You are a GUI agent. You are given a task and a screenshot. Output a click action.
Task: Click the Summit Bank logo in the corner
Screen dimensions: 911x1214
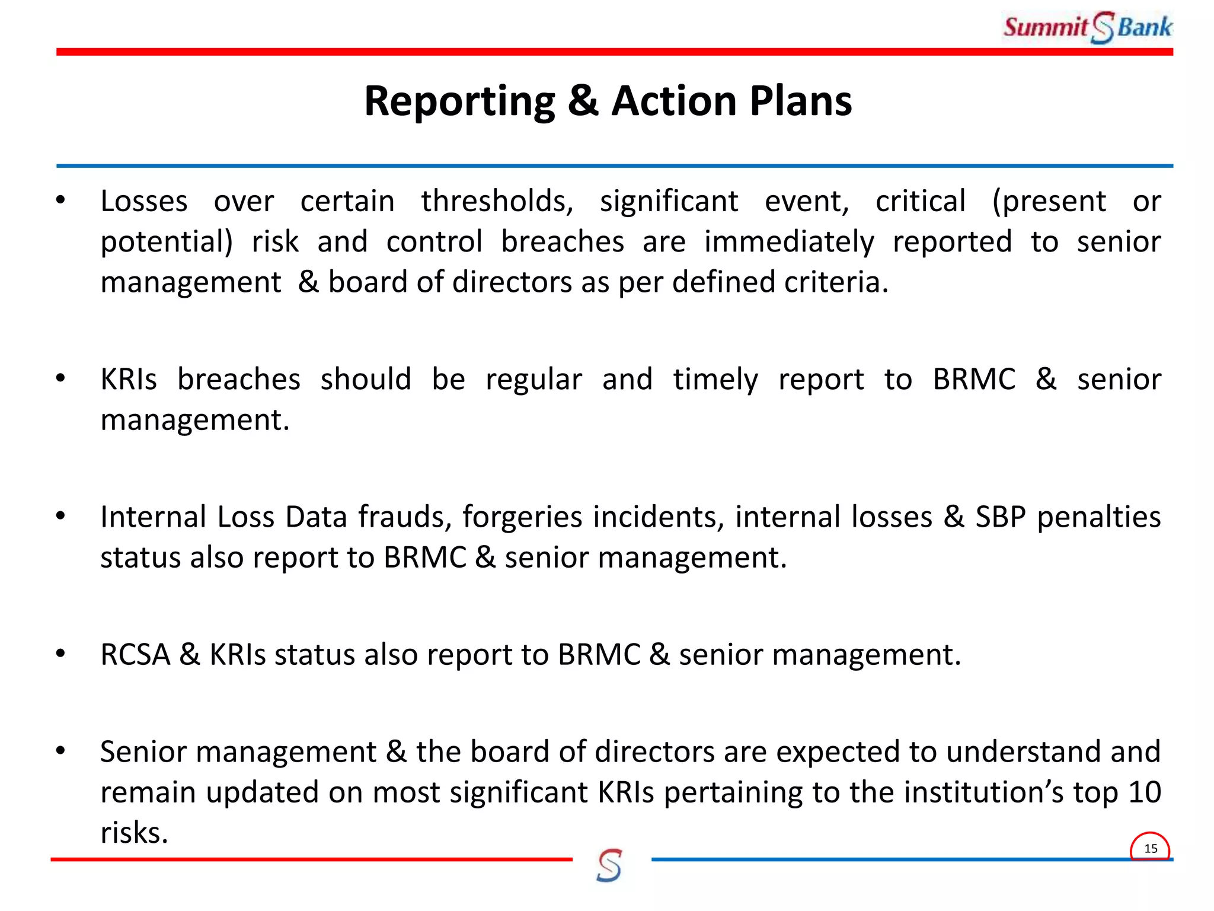click(x=1087, y=27)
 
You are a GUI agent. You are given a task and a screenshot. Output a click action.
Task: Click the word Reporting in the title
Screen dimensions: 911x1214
click(x=459, y=101)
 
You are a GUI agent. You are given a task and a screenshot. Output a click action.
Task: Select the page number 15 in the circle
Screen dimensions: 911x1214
click(x=1151, y=849)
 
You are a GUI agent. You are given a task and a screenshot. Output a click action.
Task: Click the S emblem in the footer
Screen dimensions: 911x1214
click(x=609, y=865)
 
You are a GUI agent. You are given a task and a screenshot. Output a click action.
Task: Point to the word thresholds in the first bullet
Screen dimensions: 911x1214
click(x=497, y=202)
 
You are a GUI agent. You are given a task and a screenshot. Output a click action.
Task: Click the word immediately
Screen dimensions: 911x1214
click(x=788, y=242)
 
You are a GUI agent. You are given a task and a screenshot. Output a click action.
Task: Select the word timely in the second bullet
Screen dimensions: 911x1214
click(x=715, y=380)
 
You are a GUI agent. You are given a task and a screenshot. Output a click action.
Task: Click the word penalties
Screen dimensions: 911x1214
click(x=1098, y=517)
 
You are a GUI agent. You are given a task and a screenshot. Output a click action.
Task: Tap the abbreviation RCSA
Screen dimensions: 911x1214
click(x=135, y=655)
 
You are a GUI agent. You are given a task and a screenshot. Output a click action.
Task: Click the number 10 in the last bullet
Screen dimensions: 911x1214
click(x=1144, y=792)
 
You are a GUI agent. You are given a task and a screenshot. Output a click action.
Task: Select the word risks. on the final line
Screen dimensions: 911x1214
click(x=134, y=833)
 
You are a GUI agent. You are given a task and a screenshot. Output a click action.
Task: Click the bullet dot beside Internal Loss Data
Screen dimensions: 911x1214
click(x=60, y=517)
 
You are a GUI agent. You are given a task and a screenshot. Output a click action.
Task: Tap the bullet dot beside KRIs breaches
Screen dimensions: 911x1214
click(x=60, y=379)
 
